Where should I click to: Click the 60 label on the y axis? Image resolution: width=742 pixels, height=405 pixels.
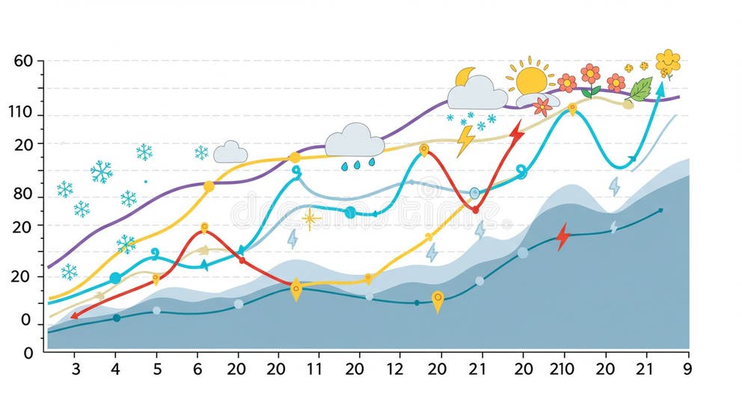point(25,61)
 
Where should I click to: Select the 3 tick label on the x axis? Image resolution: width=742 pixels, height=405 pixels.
point(76,368)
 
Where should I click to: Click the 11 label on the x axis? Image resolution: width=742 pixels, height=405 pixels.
point(314,368)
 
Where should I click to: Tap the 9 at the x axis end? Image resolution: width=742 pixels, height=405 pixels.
point(687,368)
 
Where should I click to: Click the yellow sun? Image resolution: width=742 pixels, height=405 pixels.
point(531,79)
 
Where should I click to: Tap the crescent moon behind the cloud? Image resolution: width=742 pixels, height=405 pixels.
point(465,76)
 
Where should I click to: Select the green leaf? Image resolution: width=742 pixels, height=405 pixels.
point(640,89)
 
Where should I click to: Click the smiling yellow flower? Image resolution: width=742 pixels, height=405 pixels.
point(667,61)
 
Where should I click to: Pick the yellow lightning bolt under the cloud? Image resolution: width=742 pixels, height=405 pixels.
point(464,140)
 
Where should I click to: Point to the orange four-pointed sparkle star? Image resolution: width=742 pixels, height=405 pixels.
point(310,219)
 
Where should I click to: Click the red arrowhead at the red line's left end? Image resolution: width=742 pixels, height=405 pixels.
point(74,316)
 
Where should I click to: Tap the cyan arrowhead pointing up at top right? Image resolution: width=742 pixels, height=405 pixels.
point(660,88)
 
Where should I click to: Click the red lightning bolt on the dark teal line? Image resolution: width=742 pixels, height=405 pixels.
point(562,237)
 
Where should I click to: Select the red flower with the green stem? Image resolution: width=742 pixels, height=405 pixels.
point(591,77)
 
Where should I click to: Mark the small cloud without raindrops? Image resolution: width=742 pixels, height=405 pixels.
point(230,152)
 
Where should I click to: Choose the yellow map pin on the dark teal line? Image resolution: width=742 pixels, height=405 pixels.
point(438,301)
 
